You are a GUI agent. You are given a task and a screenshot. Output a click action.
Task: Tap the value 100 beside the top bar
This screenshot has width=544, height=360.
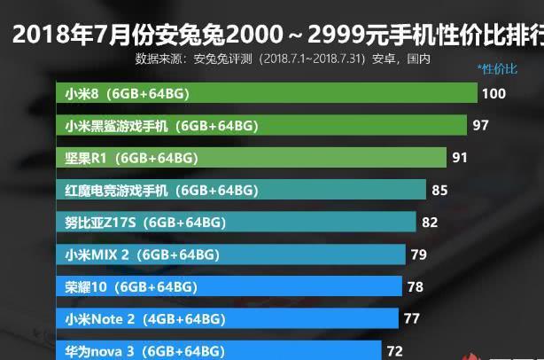point(493,93)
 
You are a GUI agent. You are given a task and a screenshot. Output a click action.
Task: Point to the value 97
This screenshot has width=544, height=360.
point(481,126)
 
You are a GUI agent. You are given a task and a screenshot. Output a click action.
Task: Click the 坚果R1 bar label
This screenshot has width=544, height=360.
point(131,158)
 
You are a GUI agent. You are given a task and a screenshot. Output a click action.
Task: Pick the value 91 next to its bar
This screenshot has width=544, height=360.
point(460,158)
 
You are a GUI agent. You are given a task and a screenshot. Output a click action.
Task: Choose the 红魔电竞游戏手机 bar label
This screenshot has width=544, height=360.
point(161,190)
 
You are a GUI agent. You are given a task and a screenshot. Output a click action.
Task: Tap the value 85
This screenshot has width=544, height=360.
point(439,190)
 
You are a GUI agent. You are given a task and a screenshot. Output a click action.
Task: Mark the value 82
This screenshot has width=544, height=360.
point(430,222)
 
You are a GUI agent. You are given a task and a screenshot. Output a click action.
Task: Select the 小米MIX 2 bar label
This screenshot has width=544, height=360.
point(142,254)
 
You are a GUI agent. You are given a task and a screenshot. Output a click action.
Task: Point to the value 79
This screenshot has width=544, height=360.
point(419,254)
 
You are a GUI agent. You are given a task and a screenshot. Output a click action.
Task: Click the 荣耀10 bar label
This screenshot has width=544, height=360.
point(131,286)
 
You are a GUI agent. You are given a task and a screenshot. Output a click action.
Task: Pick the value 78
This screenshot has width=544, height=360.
point(415,286)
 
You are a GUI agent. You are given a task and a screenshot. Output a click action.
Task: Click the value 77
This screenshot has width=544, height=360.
point(411,318)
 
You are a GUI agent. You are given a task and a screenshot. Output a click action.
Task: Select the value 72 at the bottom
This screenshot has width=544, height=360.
point(394,351)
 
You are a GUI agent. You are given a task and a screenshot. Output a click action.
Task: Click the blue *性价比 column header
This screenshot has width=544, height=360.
point(497,67)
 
